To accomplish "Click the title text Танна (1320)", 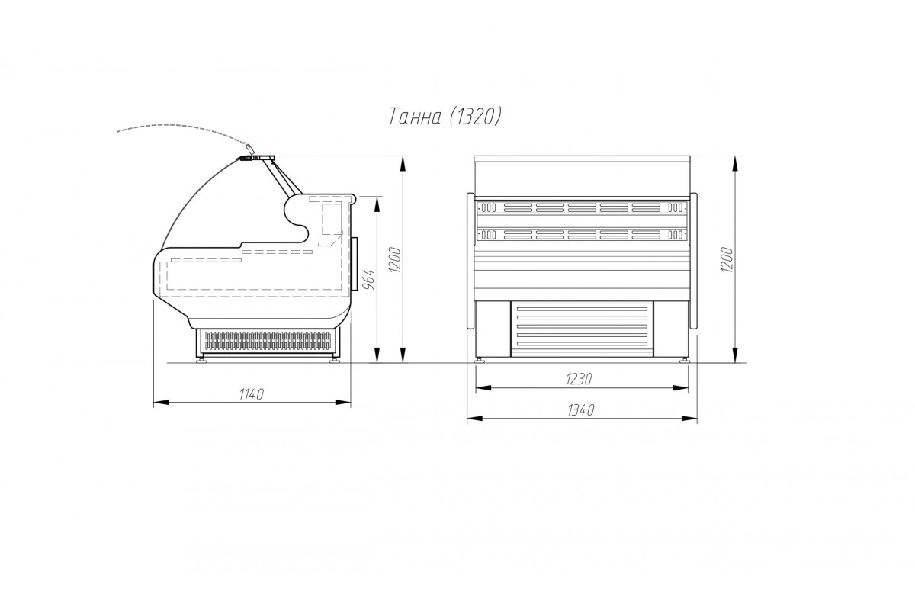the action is [445, 117].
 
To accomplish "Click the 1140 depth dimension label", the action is [252, 394].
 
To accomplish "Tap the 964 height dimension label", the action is [369, 280].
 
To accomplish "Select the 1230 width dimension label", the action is [579, 379].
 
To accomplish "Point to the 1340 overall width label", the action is [580, 409].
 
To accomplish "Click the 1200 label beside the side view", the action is [396, 259].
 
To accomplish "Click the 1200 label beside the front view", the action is [727, 259].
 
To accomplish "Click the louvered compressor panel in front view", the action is [582, 329].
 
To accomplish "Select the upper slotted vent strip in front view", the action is [582, 207].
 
